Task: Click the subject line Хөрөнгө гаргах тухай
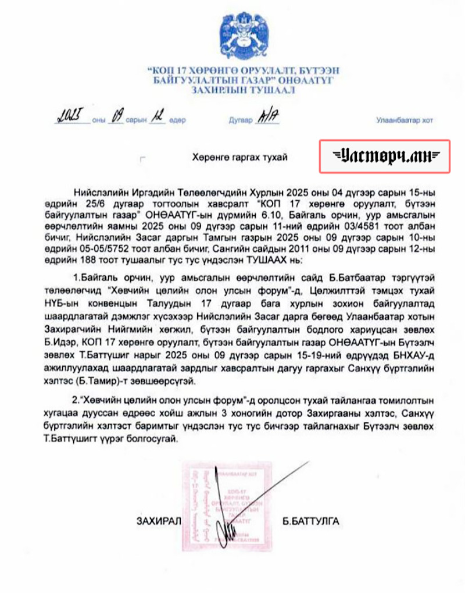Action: pos(239,157)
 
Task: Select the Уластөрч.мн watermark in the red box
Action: pos(385,156)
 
